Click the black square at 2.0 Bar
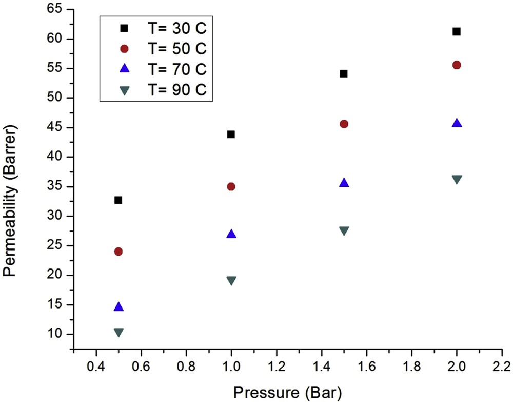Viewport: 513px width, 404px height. [x=457, y=32]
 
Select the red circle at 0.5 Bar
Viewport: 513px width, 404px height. [x=119, y=252]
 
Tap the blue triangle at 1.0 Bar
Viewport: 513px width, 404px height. [x=231, y=234]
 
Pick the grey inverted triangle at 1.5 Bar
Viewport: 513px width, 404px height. [x=344, y=230]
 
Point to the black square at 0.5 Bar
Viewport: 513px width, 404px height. [x=119, y=200]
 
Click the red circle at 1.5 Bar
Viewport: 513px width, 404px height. [x=344, y=124]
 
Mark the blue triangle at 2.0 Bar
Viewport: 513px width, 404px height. [x=457, y=123]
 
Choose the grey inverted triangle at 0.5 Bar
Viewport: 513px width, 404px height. [x=119, y=332]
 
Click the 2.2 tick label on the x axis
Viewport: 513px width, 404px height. [x=502, y=367]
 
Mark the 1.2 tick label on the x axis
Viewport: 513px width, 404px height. [x=277, y=367]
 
